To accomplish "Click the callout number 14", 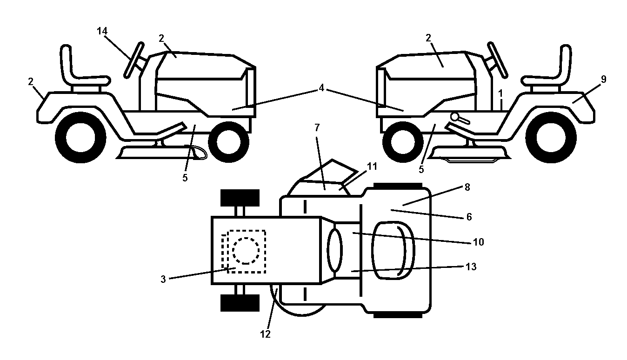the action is (102, 31).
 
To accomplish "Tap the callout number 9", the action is (603, 80).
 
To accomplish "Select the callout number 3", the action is (163, 279).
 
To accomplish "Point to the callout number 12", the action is (265, 334).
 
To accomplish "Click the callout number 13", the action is (471, 267).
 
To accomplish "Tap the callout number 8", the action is (467, 187).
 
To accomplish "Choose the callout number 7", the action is (317, 127).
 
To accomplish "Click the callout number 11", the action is (372, 167).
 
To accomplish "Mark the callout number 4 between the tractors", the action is (321, 88).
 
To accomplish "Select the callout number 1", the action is (501, 93).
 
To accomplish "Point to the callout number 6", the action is (469, 217).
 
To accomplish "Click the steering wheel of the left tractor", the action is (134, 60).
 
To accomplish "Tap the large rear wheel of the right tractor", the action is (551, 138).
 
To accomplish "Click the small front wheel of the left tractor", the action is (229, 142).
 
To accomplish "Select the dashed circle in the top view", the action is (246, 251).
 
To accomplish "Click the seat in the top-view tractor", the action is (393, 251).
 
